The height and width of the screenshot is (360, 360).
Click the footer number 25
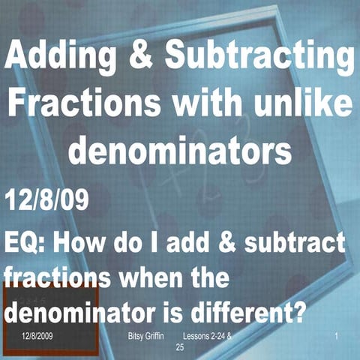[179, 348]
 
